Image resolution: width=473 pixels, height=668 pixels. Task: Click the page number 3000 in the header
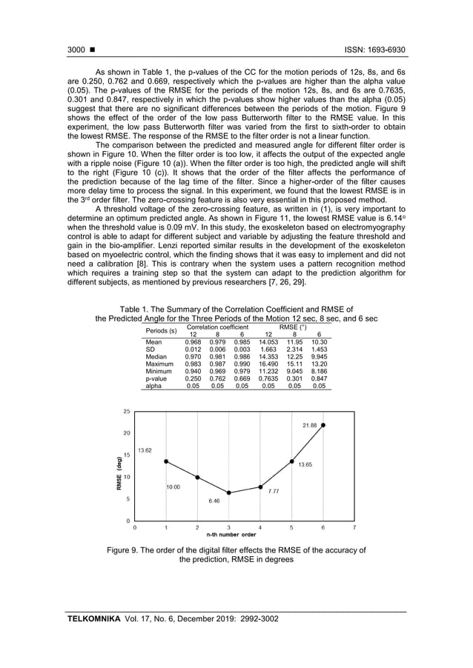point(76,50)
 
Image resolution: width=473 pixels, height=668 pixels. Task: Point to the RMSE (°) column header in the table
point(294,327)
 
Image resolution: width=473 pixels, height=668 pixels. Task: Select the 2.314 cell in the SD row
point(294,350)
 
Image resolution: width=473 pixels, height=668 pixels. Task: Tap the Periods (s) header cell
point(162,330)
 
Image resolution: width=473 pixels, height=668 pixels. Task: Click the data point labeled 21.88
point(322,425)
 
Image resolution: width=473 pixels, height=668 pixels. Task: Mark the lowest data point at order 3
point(229,492)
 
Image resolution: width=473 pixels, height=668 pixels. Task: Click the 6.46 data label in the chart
point(214,501)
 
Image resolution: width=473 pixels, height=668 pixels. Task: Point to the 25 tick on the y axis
point(126,411)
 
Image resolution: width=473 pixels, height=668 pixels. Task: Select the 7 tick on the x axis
point(354,527)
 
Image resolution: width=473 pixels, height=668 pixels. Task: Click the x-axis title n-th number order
point(231,534)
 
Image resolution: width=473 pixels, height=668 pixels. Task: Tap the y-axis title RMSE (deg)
point(119,473)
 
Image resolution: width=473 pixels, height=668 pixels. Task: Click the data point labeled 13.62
point(166,461)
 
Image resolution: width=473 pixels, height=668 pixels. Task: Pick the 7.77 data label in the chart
point(274,491)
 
